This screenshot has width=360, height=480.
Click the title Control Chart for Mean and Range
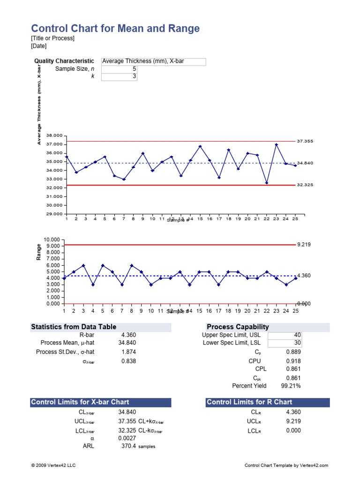point(115,29)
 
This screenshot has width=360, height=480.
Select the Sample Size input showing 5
point(119,69)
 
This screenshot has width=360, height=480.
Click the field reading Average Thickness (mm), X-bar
point(153,61)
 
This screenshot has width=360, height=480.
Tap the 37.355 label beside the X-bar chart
point(305,141)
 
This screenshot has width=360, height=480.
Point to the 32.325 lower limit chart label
point(305,185)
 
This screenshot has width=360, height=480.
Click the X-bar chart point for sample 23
point(277,144)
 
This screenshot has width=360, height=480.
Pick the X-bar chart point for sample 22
point(267,183)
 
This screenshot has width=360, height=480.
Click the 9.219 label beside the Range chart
point(304,245)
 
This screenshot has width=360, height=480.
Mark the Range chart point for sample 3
point(83,265)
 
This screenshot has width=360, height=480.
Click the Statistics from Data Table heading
point(74,327)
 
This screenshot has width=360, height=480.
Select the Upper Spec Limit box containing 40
point(285,335)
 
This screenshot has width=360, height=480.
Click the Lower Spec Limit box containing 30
point(285,343)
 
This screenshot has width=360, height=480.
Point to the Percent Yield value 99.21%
point(291,386)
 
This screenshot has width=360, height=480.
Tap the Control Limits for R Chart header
point(249,402)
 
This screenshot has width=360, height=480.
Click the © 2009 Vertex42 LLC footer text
point(52,465)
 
